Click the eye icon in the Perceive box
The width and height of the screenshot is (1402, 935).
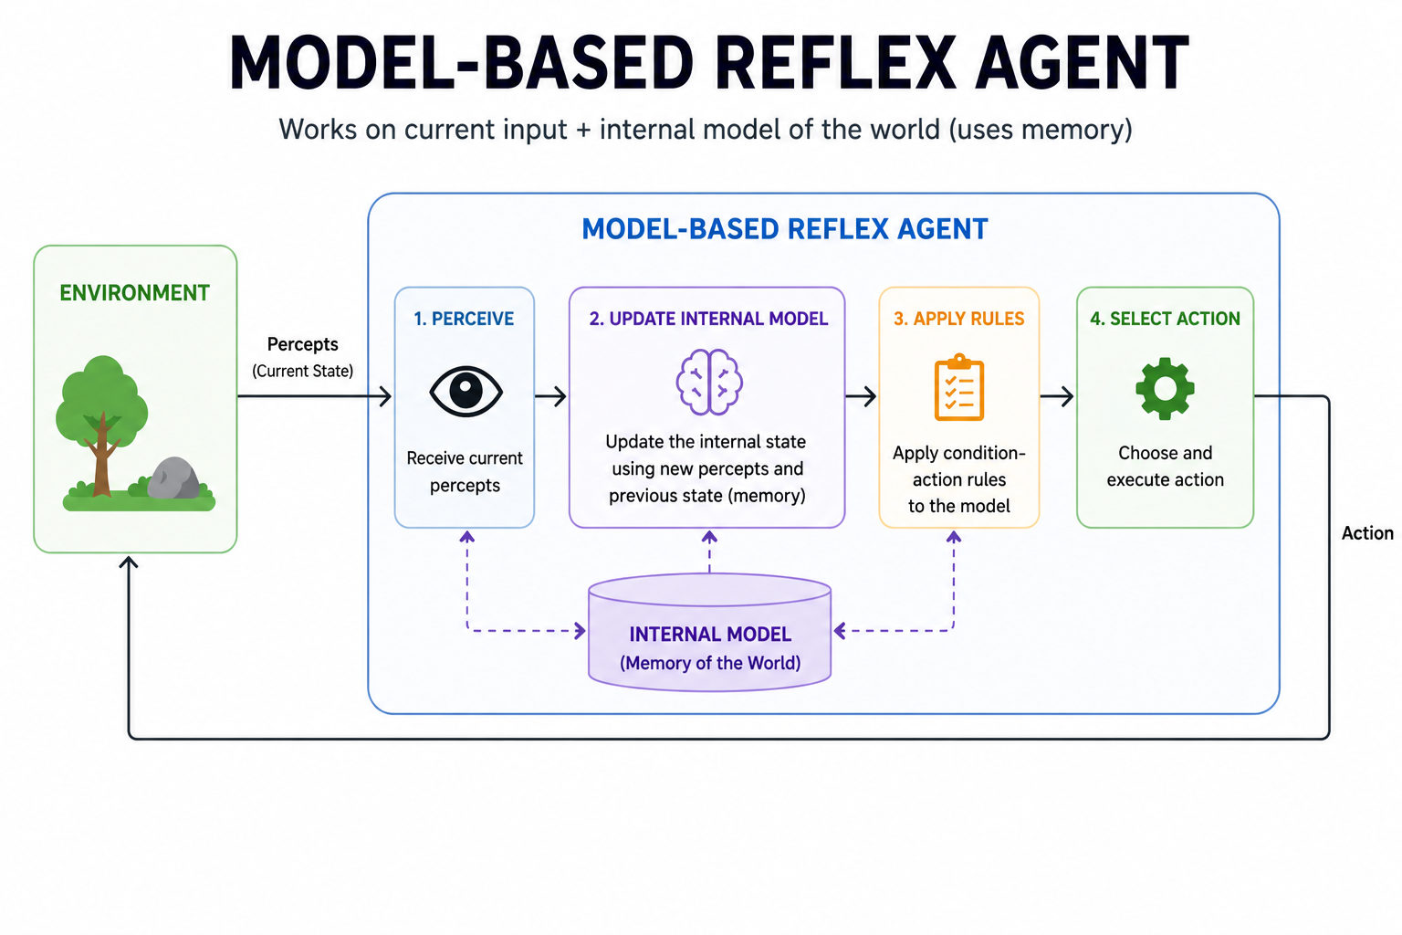click(x=466, y=392)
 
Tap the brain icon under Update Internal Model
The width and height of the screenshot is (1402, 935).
click(x=709, y=382)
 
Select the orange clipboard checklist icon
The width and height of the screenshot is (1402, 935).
click(x=958, y=388)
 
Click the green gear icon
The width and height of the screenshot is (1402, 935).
click(x=1165, y=388)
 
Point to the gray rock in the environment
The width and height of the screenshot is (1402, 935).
click(x=173, y=479)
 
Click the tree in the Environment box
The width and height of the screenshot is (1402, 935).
click(x=101, y=421)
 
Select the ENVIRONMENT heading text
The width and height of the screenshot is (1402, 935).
click(x=134, y=293)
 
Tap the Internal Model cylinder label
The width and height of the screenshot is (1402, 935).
click(x=709, y=635)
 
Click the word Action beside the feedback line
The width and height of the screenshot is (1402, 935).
click(x=1366, y=533)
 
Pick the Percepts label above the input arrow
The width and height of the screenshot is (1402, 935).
click(x=302, y=344)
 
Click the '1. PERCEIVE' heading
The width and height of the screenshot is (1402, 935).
click(x=464, y=319)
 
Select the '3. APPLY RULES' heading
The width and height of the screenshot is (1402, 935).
click(x=958, y=319)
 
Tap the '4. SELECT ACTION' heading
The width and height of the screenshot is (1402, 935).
click(x=1165, y=319)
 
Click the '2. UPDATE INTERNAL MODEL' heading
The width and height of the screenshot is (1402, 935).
click(x=708, y=319)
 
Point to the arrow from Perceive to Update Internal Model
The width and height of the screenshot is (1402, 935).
click(x=551, y=396)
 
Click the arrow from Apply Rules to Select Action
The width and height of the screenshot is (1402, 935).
click(x=1057, y=396)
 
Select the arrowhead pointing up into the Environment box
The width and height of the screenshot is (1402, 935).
click(x=129, y=562)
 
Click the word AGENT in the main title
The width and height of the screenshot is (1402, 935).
click(x=1082, y=64)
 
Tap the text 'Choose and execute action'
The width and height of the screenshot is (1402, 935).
click(x=1165, y=466)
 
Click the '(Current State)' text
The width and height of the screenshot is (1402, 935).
click(x=302, y=371)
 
